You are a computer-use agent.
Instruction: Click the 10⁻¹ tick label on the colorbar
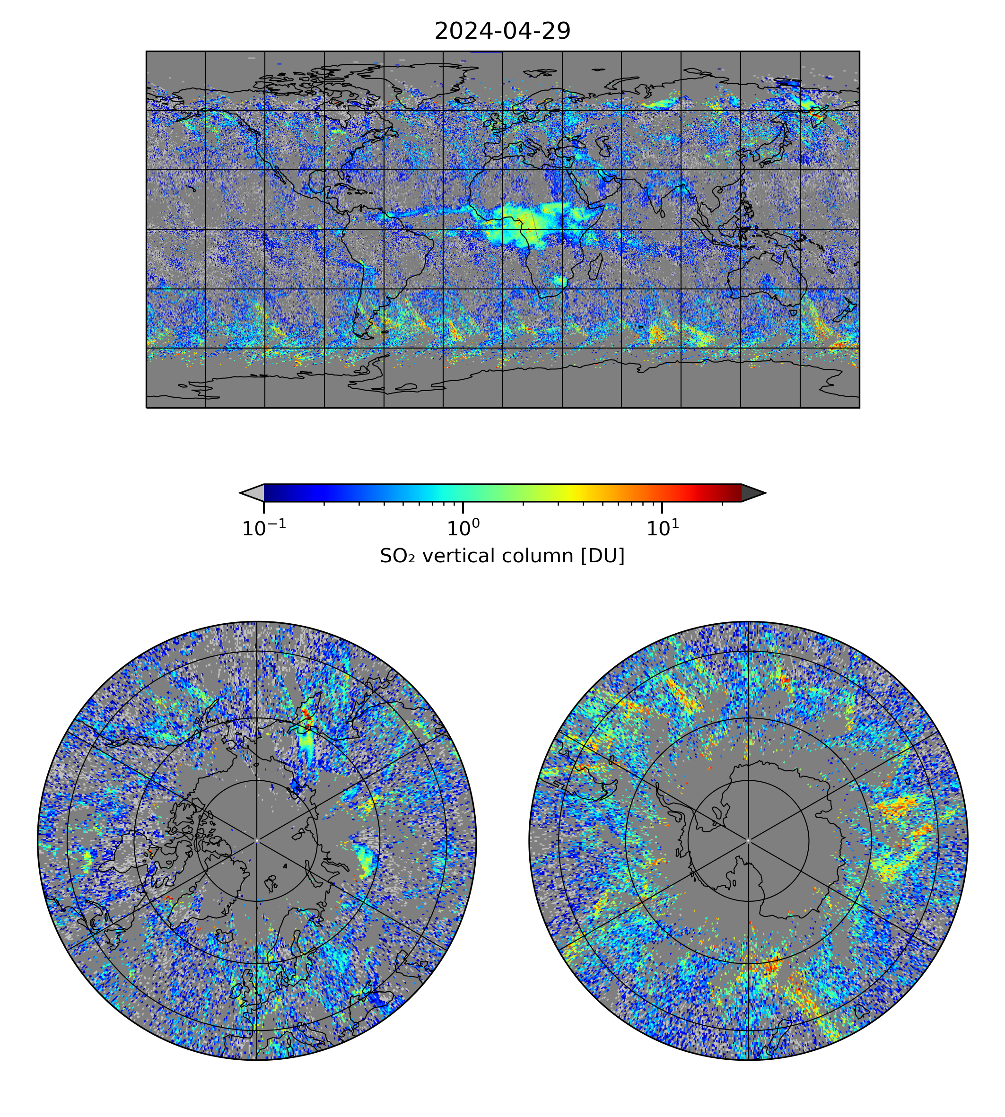[x=264, y=528]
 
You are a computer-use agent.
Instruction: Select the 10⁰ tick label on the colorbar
[x=463, y=528]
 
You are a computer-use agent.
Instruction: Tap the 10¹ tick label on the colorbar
[x=662, y=528]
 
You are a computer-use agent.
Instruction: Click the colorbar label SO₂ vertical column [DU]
[x=502, y=556]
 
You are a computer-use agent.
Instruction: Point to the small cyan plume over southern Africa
[x=560, y=281]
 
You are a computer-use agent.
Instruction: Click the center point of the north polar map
[x=257, y=840]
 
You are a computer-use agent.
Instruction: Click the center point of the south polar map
[x=748, y=840]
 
